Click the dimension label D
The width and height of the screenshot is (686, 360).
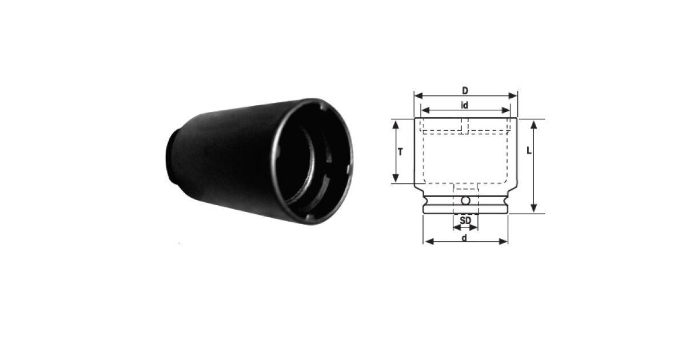click(x=465, y=91)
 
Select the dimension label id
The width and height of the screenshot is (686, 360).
click(x=465, y=105)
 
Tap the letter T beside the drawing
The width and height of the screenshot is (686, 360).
click(x=400, y=151)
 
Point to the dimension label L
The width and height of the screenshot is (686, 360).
click(x=529, y=150)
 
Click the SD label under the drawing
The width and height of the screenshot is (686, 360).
click(x=465, y=220)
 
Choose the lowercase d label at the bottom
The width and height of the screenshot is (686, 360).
click(x=465, y=238)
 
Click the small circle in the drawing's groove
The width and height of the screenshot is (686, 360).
click(x=466, y=201)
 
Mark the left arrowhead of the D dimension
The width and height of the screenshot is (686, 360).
click(x=418, y=96)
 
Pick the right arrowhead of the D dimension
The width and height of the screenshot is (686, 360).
click(x=513, y=96)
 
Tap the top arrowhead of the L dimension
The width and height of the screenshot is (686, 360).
click(x=534, y=125)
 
